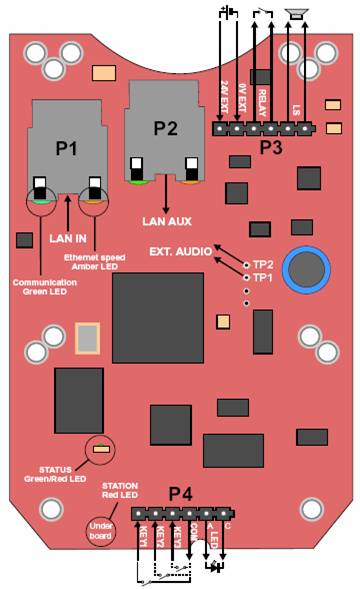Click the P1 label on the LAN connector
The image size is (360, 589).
pyautogui.click(x=66, y=149)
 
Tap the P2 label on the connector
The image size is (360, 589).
pyautogui.click(x=165, y=127)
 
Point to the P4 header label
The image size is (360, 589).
pyautogui.click(x=181, y=493)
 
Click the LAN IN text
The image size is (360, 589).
pyautogui.click(x=68, y=238)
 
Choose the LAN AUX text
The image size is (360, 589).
pyautogui.click(x=166, y=220)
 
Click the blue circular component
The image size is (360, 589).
pyautogui.click(x=306, y=270)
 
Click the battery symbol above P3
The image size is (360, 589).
pyautogui.click(x=228, y=12)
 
